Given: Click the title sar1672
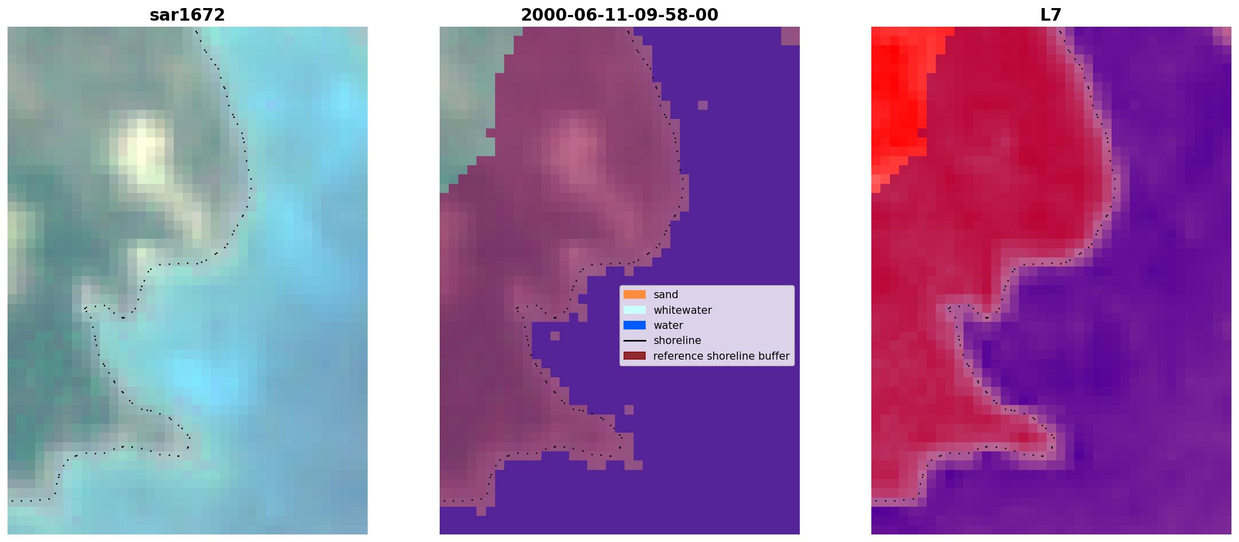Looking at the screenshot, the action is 187,15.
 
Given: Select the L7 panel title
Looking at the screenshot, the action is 1051,15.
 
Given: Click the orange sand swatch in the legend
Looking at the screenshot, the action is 634,295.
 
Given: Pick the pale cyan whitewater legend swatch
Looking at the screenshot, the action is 634,310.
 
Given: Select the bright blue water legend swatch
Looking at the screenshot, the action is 634,325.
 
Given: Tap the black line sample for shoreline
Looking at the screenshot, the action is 634,341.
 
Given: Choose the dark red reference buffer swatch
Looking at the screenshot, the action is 634,356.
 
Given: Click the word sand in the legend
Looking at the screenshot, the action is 666,295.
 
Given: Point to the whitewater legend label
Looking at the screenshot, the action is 682,310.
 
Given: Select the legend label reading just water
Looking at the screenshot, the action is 668,325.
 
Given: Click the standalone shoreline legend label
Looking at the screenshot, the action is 677,341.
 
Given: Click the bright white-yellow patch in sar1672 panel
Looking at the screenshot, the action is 141,151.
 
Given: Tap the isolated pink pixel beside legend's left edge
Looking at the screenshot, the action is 555,335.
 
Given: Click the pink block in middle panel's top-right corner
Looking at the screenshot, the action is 790,36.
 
